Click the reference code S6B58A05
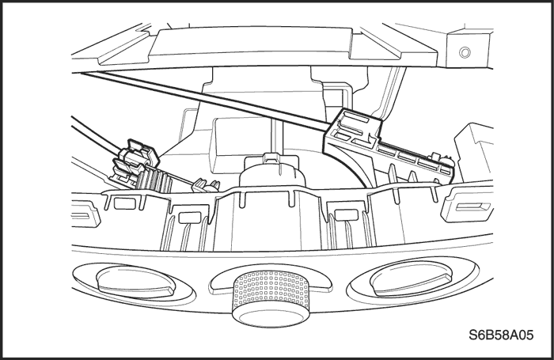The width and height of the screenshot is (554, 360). tap(501, 335)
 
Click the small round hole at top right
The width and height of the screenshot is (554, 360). tap(465, 52)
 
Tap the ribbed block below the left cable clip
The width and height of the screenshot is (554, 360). tap(154, 180)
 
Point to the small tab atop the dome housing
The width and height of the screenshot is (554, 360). tap(272, 157)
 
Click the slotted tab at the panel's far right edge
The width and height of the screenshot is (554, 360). tap(467, 206)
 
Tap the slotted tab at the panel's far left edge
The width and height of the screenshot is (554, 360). tap(85, 213)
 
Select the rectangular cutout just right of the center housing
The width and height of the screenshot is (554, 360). tap(347, 214)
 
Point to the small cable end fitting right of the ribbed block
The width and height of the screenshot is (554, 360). tap(206, 185)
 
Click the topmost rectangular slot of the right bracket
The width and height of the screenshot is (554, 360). tap(356, 117)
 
